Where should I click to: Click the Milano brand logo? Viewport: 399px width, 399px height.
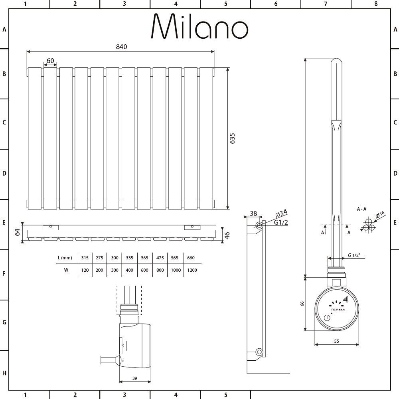199,26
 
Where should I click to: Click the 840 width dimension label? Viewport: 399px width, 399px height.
121,47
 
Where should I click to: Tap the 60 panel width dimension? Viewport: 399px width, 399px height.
50,61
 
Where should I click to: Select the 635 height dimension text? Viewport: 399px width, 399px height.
232,138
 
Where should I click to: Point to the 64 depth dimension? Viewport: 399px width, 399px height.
17,232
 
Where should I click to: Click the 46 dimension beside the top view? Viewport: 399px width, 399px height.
227,235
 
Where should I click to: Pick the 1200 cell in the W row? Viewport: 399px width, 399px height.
192,270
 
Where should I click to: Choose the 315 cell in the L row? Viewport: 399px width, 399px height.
85,258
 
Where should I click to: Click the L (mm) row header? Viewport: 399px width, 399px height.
65,258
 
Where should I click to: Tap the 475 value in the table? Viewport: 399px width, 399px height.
160,258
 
